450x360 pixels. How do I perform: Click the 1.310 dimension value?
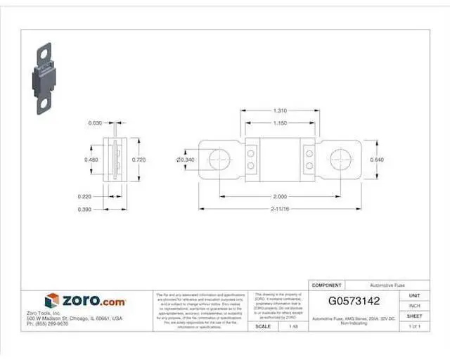pyautogui.click(x=279, y=111)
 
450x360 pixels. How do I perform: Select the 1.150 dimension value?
pyautogui.click(x=279, y=123)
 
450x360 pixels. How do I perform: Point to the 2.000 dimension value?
pyautogui.click(x=279, y=195)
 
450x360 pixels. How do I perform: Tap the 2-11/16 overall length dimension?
pyautogui.click(x=279, y=209)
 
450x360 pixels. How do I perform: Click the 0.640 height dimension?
pyautogui.click(x=377, y=160)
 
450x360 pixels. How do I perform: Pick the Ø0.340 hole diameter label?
pyautogui.click(x=186, y=160)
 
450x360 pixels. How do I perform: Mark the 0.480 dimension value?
pyautogui.click(x=91, y=160)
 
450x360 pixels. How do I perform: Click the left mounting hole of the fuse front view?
pyautogui.click(x=221, y=159)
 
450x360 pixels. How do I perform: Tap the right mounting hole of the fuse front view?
pyautogui.click(x=340, y=159)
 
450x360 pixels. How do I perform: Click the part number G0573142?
pyautogui.click(x=354, y=301)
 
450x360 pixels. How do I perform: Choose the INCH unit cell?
pyautogui.click(x=415, y=306)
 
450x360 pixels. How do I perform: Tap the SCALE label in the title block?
pyautogui.click(x=263, y=326)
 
